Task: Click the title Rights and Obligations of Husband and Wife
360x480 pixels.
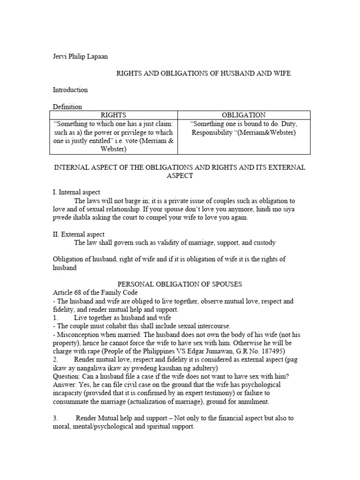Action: (207, 74)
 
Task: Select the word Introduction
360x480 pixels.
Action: (70, 90)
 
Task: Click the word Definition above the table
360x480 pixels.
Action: (67, 107)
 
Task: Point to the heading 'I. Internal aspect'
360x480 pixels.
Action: (76, 192)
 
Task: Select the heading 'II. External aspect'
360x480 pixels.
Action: (78, 234)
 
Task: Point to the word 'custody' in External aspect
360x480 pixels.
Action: (264, 243)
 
